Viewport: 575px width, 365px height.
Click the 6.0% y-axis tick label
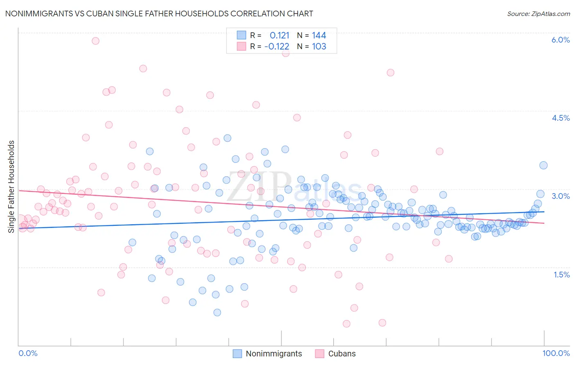tap(560, 40)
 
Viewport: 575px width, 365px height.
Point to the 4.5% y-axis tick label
tap(560, 118)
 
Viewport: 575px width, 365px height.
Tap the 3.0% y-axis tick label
tap(560, 196)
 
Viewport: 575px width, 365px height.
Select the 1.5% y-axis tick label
tap(562, 275)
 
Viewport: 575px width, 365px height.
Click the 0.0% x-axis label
tap(28, 353)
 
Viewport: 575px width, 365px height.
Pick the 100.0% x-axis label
tap(556, 353)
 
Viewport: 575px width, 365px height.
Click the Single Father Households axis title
tap(11, 187)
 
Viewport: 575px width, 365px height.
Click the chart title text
tap(159, 14)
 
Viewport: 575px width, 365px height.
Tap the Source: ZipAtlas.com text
tap(538, 14)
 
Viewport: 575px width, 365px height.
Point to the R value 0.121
tap(279, 35)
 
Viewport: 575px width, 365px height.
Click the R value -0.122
tap(277, 46)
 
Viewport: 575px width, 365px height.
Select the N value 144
tap(319, 35)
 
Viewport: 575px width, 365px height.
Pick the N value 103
tap(319, 46)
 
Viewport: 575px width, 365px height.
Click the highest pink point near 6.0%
tap(96, 41)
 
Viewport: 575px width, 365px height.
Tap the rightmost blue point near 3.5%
tap(543, 165)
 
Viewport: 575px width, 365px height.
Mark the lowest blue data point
tap(217, 312)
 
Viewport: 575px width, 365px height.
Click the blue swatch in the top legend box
tap(241, 35)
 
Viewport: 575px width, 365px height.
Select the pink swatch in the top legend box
tap(241, 46)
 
